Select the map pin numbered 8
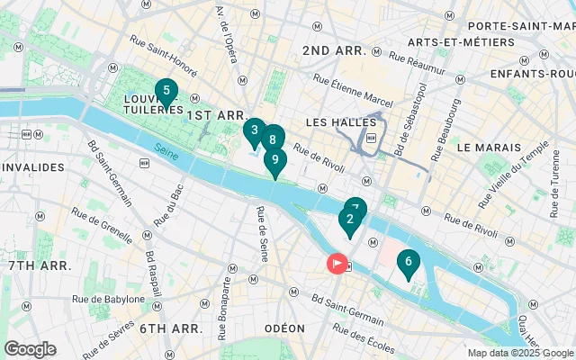[272, 139]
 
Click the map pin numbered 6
[408, 263]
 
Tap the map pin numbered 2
[349, 220]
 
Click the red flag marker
[337, 264]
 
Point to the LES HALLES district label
[333, 121]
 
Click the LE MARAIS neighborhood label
[489, 146]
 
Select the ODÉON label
[284, 328]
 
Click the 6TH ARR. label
[166, 328]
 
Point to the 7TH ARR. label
[40, 265]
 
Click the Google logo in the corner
[30, 349]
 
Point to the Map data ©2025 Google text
[520, 353]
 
